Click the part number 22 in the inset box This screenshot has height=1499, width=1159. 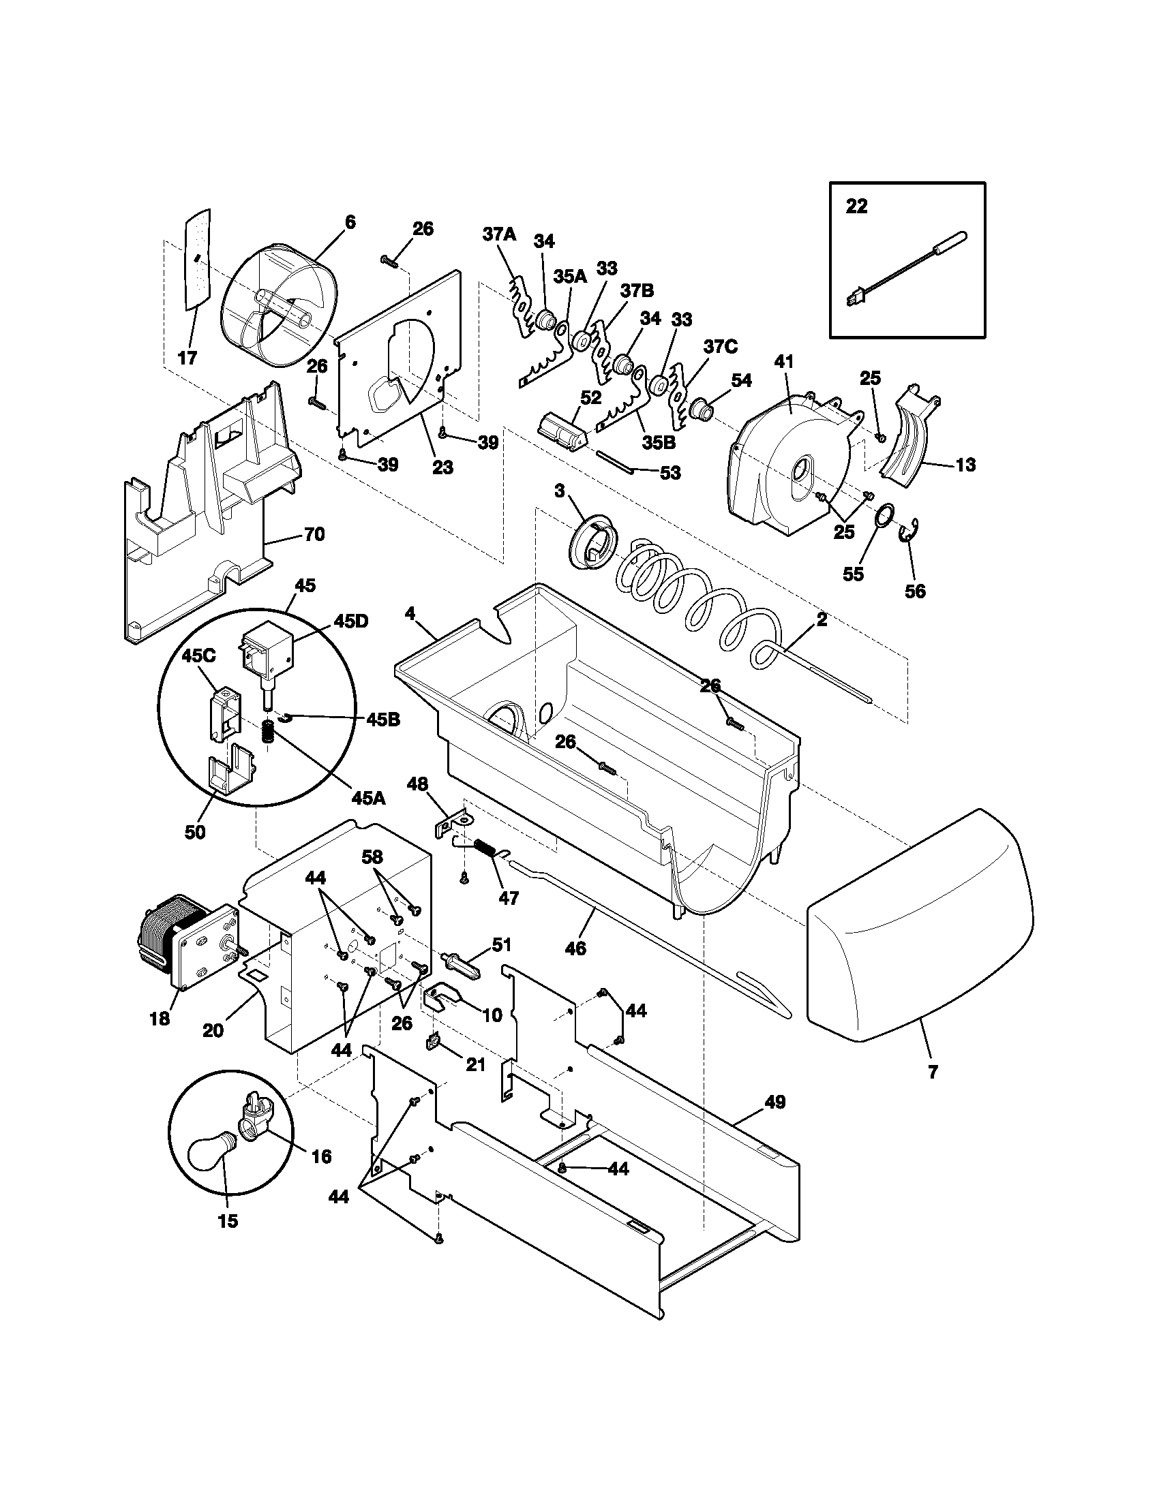click(856, 206)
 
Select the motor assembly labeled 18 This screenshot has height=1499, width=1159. click(188, 941)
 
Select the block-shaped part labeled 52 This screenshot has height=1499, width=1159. click(560, 432)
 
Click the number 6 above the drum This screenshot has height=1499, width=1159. click(350, 221)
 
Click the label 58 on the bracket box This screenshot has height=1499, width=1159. click(373, 857)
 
